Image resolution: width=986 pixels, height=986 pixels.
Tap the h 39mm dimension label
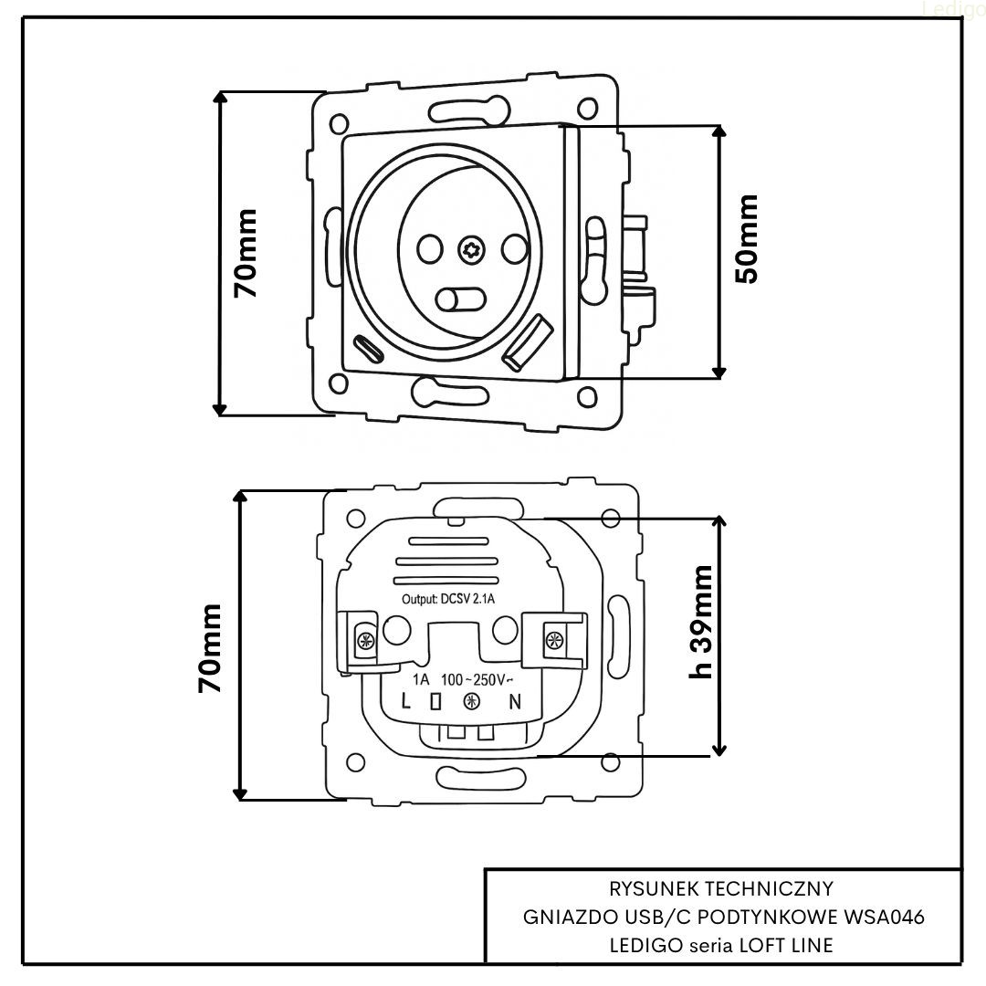click(x=701, y=622)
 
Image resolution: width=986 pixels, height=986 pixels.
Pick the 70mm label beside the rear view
click(x=211, y=647)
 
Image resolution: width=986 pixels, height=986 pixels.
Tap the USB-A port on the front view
click(x=529, y=343)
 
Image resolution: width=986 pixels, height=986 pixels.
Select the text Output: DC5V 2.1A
click(x=449, y=600)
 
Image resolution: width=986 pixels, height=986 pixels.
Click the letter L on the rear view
click(x=407, y=702)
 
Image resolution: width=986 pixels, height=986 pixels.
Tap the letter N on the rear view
click(x=515, y=702)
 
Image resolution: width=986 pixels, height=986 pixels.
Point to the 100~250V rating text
click(x=477, y=680)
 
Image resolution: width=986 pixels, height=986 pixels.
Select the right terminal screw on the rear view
click(x=552, y=639)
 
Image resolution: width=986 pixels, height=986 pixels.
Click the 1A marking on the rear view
click(x=421, y=680)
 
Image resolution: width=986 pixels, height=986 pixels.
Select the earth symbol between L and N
click(x=471, y=702)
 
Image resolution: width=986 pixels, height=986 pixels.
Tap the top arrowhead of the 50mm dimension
click(x=719, y=130)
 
